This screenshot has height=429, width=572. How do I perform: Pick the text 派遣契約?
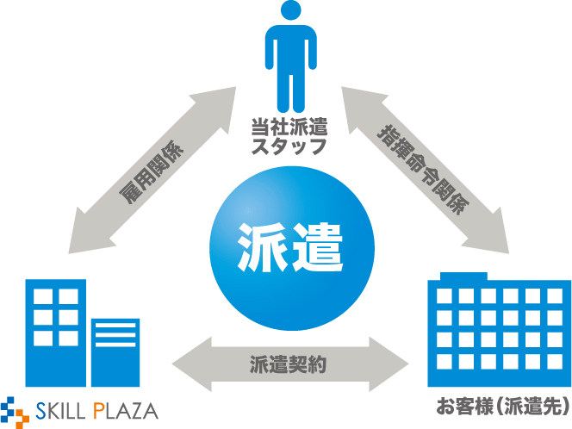[x=289, y=362]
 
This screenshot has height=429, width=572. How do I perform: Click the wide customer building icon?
[x=499, y=336]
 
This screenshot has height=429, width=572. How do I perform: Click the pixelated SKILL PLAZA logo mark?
[x=15, y=408]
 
